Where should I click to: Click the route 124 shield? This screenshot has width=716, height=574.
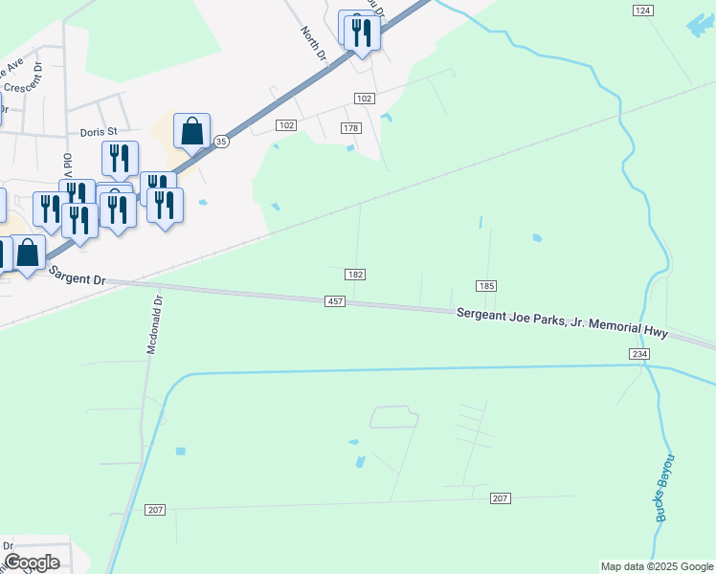642,10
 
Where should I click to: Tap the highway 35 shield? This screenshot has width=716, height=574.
221,141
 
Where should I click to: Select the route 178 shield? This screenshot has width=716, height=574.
350,128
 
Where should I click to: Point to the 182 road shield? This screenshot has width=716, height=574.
354,275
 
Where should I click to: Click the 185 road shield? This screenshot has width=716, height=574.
486,286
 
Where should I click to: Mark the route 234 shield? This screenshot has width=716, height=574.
640,354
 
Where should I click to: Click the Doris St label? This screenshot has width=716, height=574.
98,131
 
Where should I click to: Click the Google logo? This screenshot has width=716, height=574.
32,563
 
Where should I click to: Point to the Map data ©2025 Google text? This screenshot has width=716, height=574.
657,566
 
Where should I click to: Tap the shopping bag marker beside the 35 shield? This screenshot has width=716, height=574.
192,132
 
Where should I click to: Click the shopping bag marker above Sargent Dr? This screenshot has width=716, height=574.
28,254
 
